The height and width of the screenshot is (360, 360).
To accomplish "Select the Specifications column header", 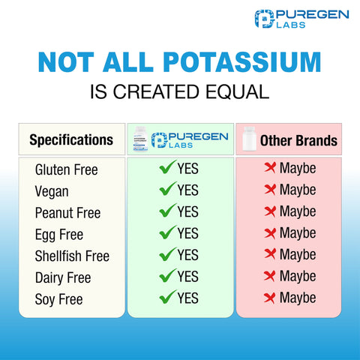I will click(71, 140).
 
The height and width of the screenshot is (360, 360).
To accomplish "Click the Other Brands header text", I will click(298, 141).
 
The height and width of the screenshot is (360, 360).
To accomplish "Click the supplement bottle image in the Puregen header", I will click(139, 140).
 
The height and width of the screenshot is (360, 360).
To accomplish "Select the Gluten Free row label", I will click(67, 170).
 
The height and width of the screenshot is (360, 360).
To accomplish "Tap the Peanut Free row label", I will click(67, 213).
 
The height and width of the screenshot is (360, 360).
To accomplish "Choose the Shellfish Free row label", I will click(72, 256).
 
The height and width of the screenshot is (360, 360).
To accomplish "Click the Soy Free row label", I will click(58, 299).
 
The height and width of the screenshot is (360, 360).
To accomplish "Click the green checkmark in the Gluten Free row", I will click(166, 169).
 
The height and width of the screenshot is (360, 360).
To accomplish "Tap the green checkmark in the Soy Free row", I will click(166, 298).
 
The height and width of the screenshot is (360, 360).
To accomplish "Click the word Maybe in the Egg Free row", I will click(298, 234).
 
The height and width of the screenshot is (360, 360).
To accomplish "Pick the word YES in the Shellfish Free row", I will click(187, 255).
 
